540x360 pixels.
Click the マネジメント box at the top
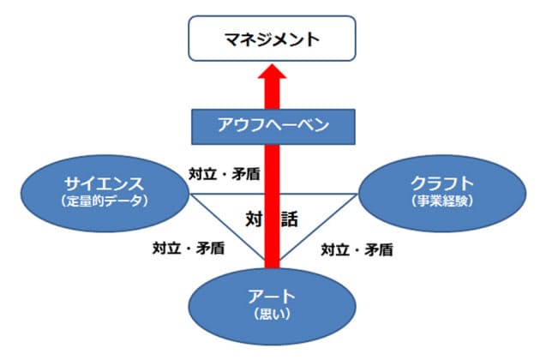(270, 39)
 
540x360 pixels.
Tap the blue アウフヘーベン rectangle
(271, 127)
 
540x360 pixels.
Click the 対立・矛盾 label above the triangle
(225, 171)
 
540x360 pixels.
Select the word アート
(271, 296)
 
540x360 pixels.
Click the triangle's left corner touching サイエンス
(190, 194)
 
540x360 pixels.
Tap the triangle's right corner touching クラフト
(353, 194)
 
